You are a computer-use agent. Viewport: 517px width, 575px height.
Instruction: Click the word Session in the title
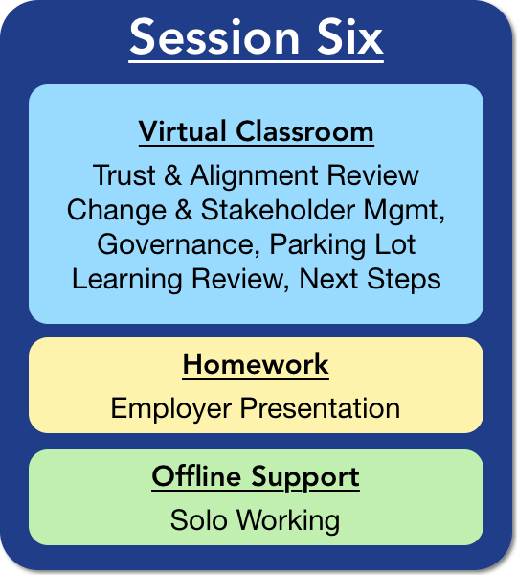click(214, 37)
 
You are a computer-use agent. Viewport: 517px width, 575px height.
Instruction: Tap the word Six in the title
click(349, 36)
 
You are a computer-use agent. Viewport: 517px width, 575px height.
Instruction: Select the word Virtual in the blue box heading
click(182, 131)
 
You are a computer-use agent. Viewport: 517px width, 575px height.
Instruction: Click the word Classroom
click(304, 131)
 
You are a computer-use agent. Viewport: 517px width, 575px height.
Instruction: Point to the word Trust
click(124, 175)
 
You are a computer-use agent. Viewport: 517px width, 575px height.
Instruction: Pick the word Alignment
click(254, 176)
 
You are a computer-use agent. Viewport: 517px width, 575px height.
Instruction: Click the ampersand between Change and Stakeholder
click(184, 210)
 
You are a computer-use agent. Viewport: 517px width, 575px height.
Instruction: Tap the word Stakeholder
click(278, 209)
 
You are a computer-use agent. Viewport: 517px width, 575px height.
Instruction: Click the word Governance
click(175, 244)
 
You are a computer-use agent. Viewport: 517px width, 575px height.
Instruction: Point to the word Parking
click(317, 245)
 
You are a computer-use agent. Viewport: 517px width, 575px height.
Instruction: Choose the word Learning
click(126, 280)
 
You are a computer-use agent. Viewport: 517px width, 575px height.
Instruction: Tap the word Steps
click(403, 280)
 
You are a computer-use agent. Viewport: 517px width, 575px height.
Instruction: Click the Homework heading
click(256, 364)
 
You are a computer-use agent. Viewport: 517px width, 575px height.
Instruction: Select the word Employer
click(171, 409)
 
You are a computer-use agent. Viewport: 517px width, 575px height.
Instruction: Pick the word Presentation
click(320, 408)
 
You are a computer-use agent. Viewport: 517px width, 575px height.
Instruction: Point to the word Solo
click(198, 520)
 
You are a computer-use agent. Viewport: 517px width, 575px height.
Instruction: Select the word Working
click(288, 521)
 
